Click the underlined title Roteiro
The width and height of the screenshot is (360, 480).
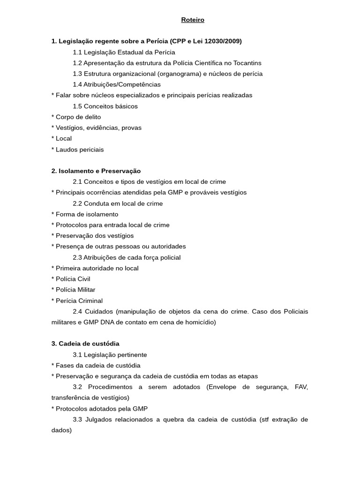coord(193,20)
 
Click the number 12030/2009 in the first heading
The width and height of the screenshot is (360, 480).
coord(223,41)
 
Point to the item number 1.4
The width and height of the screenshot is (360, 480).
coord(77,84)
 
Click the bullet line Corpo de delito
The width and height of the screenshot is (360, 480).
coord(76,117)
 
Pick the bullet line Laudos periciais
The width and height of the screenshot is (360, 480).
coord(77,150)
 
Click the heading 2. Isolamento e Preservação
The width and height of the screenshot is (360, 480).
coord(96,171)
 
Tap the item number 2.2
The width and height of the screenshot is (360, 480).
coord(77,203)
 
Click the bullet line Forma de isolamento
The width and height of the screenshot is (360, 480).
coord(84,214)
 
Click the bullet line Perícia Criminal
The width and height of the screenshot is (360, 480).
coord(77,300)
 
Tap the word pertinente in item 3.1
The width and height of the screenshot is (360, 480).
coord(132,355)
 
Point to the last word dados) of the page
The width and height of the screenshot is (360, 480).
coord(61,430)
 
